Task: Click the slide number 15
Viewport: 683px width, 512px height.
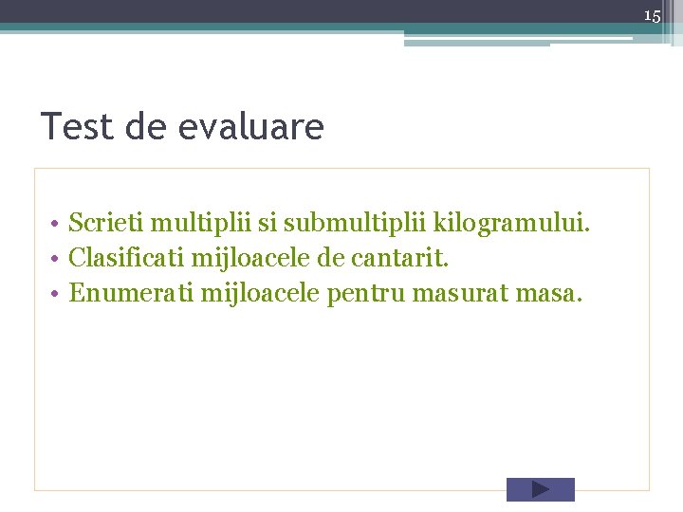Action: [652, 16]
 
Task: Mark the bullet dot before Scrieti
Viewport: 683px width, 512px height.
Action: [58, 224]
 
